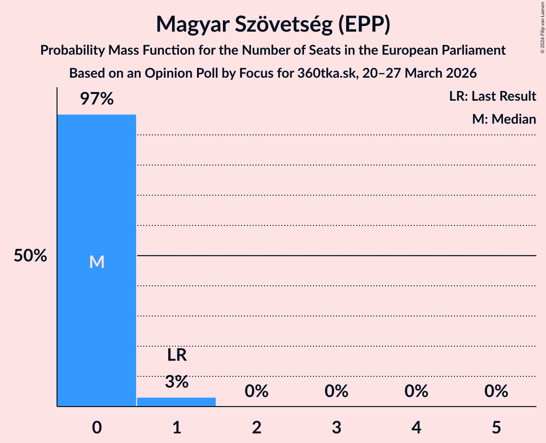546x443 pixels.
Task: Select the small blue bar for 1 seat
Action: (176, 402)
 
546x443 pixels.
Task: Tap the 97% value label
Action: (96, 99)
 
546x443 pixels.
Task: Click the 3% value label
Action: (176, 382)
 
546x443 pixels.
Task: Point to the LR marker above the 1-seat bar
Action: (176, 355)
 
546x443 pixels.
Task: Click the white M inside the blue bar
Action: (96, 262)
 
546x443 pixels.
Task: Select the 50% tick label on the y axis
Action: (30, 256)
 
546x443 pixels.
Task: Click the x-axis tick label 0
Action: (96, 427)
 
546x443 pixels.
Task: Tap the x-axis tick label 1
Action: (176, 427)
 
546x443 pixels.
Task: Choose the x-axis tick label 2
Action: (256, 427)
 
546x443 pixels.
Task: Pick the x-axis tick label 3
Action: (336, 427)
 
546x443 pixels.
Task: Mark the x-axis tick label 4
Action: (416, 427)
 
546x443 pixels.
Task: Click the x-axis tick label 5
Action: (496, 427)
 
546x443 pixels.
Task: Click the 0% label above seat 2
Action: (256, 391)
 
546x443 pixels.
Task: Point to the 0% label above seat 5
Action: (496, 391)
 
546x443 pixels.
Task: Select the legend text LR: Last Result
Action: (492, 96)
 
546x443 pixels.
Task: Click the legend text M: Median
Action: (504, 119)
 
